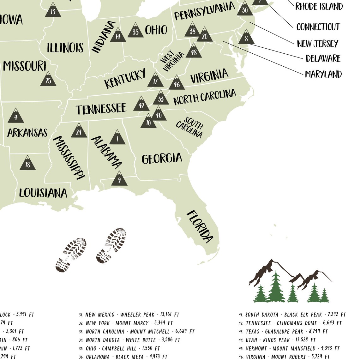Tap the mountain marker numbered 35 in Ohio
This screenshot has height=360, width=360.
pyautogui.click(x=135, y=31)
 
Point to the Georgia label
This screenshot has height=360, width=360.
pyautogui.click(x=162, y=158)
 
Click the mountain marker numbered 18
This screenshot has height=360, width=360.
pyautogui.click(x=27, y=164)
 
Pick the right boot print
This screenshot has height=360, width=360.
pyautogui.click(x=111, y=245)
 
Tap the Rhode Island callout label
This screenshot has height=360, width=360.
pyautogui.click(x=319, y=6)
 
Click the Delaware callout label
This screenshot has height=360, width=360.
pyautogui.click(x=323, y=58)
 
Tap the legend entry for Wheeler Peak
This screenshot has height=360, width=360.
pyautogui.click(x=129, y=315)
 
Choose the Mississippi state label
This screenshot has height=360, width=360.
pyautogui.click(x=69, y=158)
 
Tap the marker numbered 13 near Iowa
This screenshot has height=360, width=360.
pyautogui.click(x=53, y=10)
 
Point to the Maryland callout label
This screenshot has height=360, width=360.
pyautogui.click(x=323, y=75)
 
